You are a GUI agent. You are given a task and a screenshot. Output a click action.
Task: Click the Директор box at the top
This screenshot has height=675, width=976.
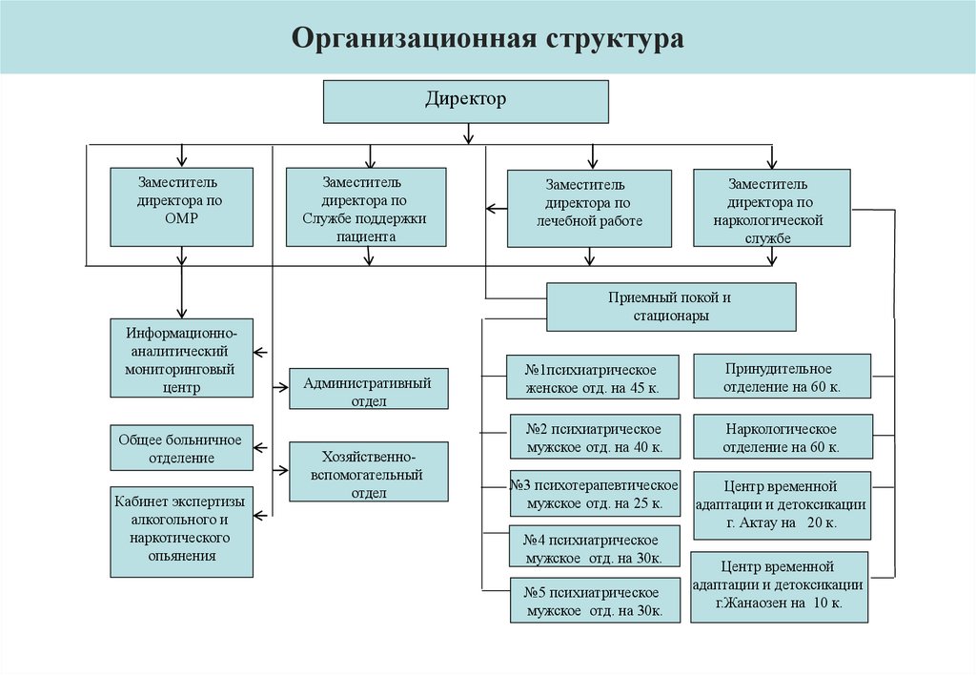tap(465, 101)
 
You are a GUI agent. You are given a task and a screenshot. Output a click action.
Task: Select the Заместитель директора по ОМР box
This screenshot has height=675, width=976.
tap(181, 207)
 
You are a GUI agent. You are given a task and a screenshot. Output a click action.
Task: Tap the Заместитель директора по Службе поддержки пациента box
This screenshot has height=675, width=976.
tap(366, 207)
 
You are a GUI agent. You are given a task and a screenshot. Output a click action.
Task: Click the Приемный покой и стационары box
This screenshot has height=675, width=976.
tap(671, 307)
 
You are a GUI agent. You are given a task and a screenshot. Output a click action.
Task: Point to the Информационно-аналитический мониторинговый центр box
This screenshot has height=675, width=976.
tap(182, 358)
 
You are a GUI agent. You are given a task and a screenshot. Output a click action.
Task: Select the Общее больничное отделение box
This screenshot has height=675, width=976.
tap(181, 448)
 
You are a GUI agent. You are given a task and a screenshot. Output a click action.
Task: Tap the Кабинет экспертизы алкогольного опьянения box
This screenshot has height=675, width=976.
tap(181, 532)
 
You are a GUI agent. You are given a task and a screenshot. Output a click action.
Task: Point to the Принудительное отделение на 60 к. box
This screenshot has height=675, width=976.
tap(781, 376)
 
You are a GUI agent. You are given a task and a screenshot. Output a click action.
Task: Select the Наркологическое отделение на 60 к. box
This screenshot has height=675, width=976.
tap(782, 437)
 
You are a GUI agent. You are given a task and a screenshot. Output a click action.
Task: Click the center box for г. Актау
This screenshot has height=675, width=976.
tap(782, 504)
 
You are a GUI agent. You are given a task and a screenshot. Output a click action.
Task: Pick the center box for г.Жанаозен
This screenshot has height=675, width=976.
tap(780, 586)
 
